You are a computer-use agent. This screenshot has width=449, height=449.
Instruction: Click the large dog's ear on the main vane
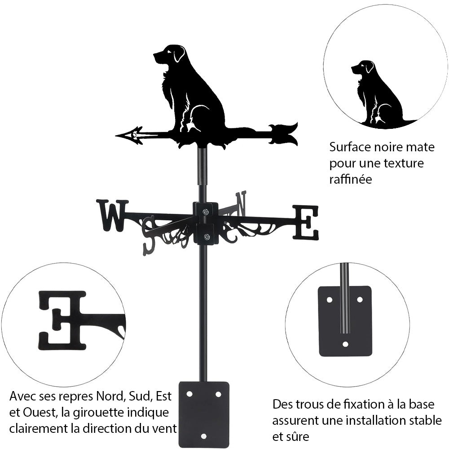click(x=179, y=53)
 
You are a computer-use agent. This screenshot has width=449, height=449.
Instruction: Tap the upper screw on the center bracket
click(x=205, y=212)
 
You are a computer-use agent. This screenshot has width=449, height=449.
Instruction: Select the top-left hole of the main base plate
click(x=189, y=394)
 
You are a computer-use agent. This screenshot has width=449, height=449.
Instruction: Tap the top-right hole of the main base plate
click(x=218, y=394)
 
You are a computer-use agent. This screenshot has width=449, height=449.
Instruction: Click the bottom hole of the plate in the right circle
click(x=345, y=344)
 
